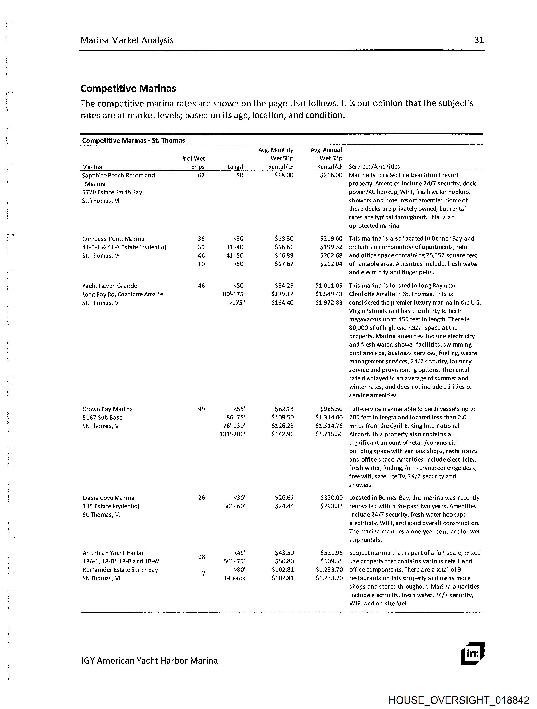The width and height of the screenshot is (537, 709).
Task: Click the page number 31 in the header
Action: click(x=479, y=40)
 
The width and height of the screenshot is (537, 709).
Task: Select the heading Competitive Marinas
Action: click(x=128, y=88)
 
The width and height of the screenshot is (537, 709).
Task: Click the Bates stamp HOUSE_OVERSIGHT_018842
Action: click(x=458, y=700)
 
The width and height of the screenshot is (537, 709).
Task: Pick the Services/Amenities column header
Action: click(x=374, y=167)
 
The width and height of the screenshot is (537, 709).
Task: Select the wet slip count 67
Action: click(x=201, y=175)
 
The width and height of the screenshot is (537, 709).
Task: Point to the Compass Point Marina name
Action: click(x=113, y=239)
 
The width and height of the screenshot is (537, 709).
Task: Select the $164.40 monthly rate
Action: click(x=282, y=303)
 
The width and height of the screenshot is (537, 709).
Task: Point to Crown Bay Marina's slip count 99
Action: click(x=202, y=409)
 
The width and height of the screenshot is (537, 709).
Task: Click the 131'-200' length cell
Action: click(x=232, y=434)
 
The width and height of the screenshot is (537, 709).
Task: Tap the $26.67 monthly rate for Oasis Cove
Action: click(x=284, y=498)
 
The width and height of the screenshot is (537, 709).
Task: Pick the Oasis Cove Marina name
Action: click(x=108, y=498)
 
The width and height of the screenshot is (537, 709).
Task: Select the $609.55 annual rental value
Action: click(x=331, y=561)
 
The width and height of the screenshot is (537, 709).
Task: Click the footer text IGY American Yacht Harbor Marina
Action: click(x=150, y=661)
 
